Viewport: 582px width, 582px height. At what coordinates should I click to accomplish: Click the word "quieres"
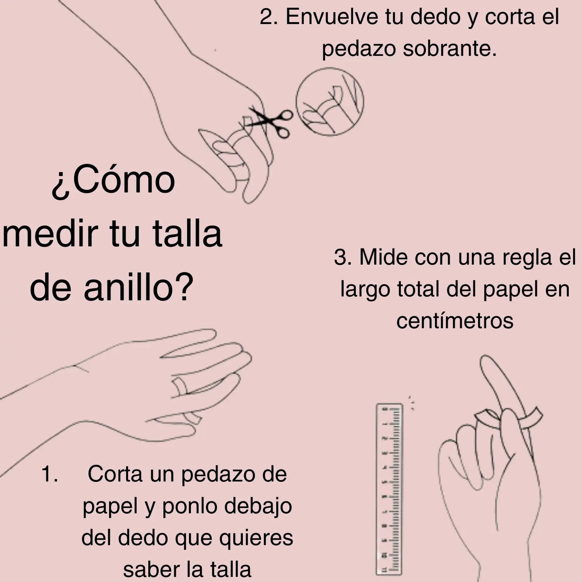tap(256, 538)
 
